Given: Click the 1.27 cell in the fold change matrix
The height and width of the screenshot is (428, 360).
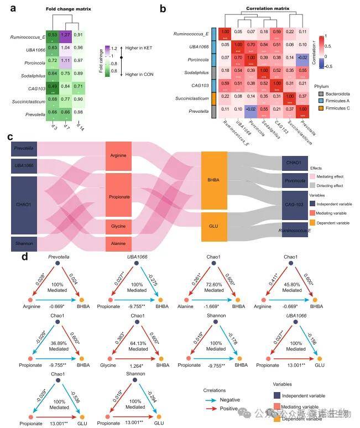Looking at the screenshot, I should point(66,35).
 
